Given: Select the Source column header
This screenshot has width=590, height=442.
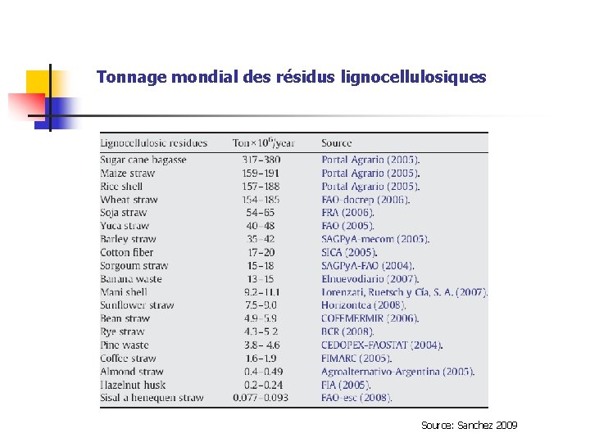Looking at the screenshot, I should [x=337, y=143].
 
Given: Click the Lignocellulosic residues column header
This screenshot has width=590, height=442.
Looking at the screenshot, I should [x=153, y=143].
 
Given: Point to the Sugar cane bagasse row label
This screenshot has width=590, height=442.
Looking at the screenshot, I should [x=143, y=160].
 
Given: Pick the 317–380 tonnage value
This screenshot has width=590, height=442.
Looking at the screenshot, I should [x=261, y=160].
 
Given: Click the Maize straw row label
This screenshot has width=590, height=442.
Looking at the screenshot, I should [x=127, y=173].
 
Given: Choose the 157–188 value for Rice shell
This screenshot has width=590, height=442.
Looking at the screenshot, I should [x=261, y=186].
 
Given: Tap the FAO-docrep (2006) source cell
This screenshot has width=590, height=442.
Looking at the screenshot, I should [x=365, y=200].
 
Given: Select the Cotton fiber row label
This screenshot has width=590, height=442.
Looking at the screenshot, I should [x=127, y=252].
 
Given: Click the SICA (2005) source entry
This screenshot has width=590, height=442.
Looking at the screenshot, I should [x=349, y=252].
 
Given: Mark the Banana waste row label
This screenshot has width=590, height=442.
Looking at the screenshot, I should [x=131, y=279].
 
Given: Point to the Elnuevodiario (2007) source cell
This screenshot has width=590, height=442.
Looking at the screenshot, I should [x=370, y=279].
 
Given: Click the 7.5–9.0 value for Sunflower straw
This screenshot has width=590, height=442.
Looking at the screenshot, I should [x=261, y=305].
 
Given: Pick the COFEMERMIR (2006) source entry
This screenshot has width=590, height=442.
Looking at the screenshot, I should [x=370, y=318].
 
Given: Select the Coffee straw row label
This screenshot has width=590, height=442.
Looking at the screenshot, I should [x=128, y=358].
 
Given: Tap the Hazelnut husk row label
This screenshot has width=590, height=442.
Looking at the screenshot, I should [x=133, y=384].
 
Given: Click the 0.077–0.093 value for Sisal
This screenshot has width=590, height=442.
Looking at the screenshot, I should [x=261, y=398].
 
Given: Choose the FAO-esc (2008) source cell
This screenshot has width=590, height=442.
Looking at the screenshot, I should [x=356, y=398].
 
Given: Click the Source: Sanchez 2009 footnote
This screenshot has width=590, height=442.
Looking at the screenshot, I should [x=470, y=426].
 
